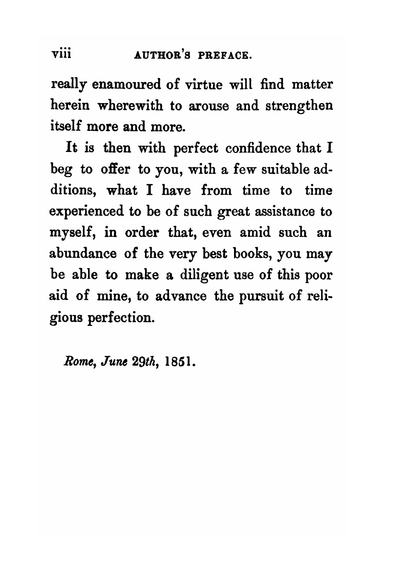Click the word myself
pos(74,233)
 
